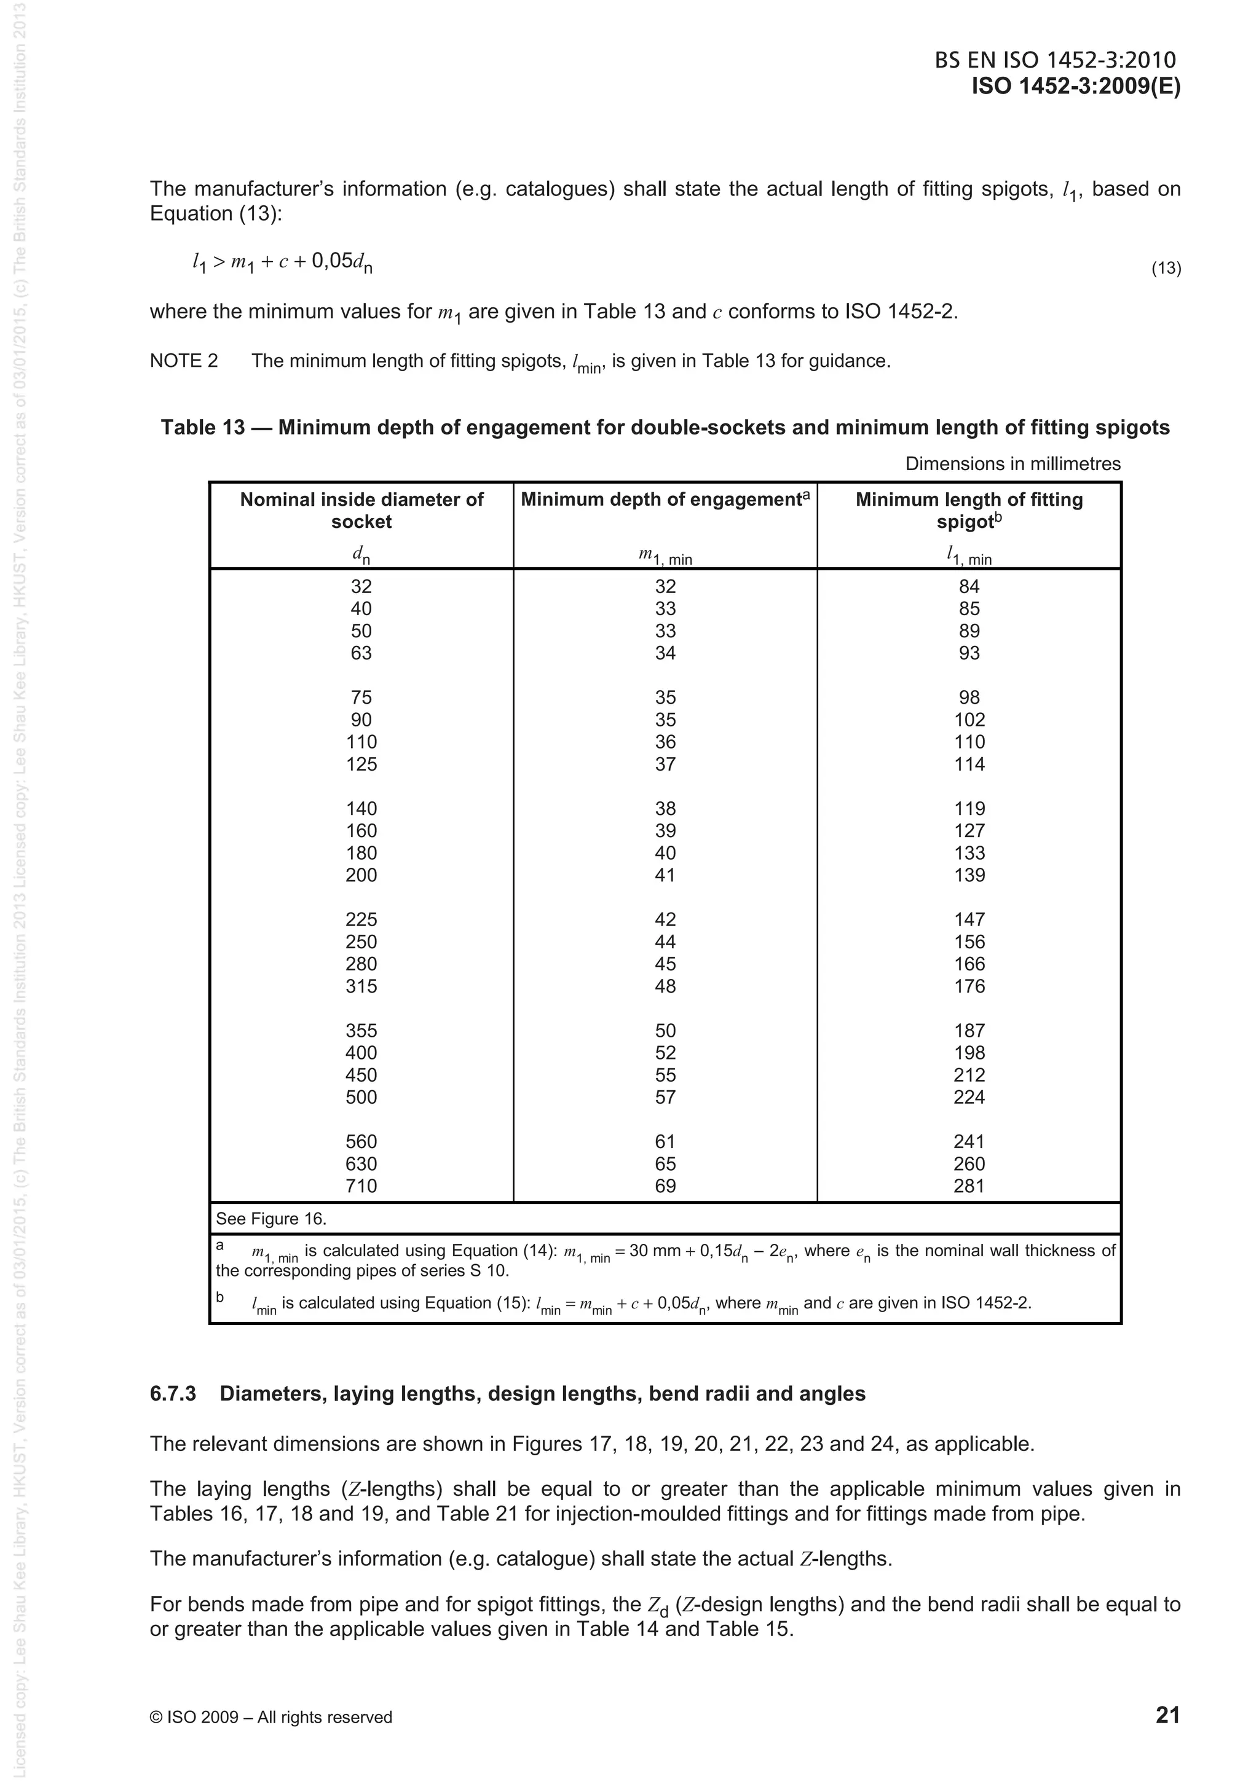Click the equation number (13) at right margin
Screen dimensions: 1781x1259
tap(1165, 269)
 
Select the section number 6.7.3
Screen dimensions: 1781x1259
tap(173, 1393)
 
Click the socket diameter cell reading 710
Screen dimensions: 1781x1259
tap(361, 1186)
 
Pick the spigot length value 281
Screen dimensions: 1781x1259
tap(969, 1186)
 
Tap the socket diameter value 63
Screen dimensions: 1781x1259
tap(361, 653)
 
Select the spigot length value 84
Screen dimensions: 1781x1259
tap(969, 586)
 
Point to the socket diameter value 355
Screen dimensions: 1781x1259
tap(361, 1030)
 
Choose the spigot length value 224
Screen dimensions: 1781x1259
tap(969, 1097)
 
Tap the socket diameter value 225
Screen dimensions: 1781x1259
tap(361, 919)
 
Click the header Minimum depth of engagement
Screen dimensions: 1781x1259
tap(665, 500)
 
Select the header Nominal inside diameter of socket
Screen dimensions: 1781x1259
tap(361, 511)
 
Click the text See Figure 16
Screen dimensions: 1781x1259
tap(270, 1219)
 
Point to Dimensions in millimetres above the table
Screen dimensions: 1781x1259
tap(1012, 464)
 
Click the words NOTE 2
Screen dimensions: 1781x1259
tap(184, 361)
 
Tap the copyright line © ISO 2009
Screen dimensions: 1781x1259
tap(270, 1717)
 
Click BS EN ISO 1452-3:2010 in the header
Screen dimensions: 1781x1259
tap(1055, 60)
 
